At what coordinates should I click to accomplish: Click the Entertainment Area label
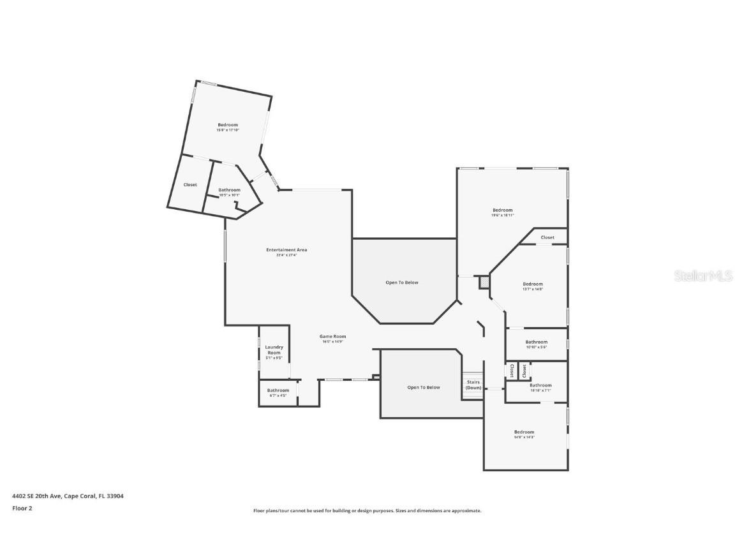[x=286, y=250]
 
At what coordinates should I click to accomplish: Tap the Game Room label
[x=332, y=337]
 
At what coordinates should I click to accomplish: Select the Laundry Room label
[x=274, y=350]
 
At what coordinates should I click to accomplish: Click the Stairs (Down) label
[x=473, y=385]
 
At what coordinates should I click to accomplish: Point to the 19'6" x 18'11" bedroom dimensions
[x=502, y=216]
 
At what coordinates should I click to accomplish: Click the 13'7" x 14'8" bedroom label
[x=533, y=284]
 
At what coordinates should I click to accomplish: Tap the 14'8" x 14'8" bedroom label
[x=524, y=432]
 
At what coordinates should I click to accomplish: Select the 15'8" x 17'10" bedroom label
[x=228, y=125]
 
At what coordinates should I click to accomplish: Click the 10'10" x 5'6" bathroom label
[x=537, y=342]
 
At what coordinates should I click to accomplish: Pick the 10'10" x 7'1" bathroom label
[x=540, y=386]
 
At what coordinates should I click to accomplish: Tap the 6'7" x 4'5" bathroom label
[x=278, y=391]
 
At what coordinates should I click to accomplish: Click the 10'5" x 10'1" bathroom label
[x=229, y=190]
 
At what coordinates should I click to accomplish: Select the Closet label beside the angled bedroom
[x=190, y=185]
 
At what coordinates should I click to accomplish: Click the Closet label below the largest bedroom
[x=547, y=237]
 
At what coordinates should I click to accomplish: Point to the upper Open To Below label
[x=402, y=283]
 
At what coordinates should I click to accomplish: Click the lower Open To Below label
[x=424, y=388]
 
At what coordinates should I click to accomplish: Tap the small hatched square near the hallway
[x=484, y=281]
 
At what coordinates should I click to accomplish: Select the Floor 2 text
[x=22, y=508]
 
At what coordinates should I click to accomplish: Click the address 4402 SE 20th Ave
[x=68, y=496]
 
